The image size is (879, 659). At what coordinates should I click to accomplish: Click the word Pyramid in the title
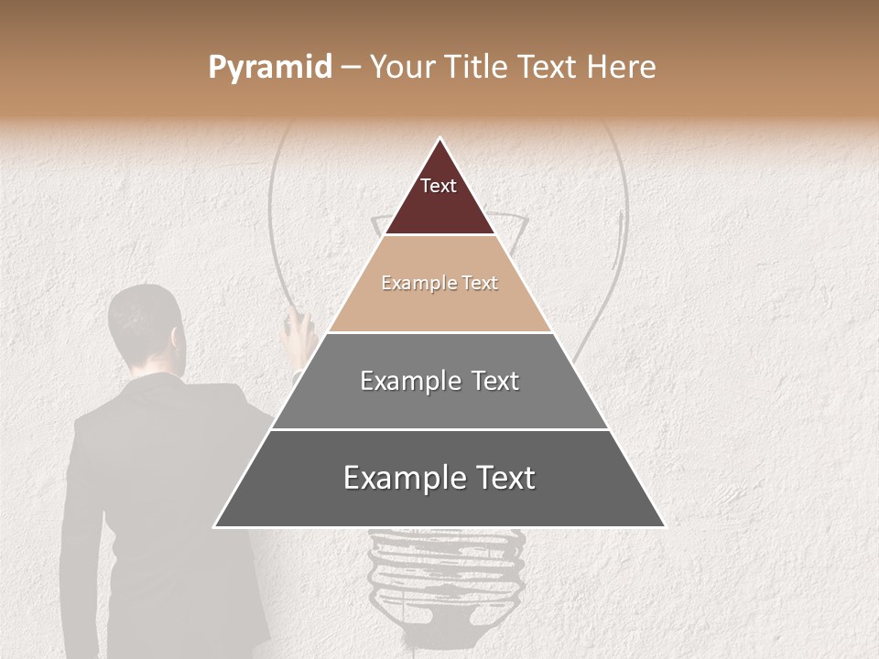(269, 68)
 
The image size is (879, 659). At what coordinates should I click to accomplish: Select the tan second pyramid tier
(439, 302)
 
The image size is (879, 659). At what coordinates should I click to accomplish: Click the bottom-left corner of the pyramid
(216, 526)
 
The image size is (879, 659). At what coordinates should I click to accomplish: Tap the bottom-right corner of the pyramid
(663, 526)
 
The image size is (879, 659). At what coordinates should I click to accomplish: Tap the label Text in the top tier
(439, 186)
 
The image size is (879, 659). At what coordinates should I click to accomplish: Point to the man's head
(146, 325)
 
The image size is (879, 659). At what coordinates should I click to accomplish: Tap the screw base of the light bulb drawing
(446, 577)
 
